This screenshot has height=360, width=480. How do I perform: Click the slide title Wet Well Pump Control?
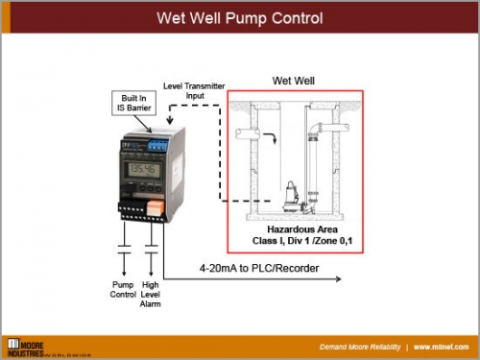point(239,18)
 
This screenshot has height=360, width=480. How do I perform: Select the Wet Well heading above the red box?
point(294,81)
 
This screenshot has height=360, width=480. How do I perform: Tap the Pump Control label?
point(123,289)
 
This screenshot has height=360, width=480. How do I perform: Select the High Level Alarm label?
point(152,294)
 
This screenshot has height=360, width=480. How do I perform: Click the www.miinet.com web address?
point(443,346)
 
